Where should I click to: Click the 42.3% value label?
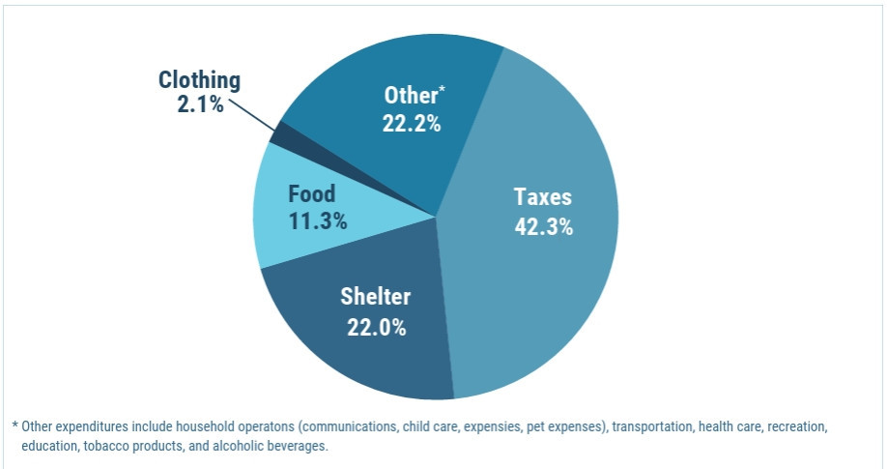[x=543, y=228]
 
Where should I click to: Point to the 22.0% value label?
[x=376, y=327]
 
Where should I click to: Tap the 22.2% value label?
[x=413, y=124]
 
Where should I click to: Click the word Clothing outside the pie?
[x=199, y=80]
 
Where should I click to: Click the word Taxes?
[x=543, y=197]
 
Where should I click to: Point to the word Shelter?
[x=375, y=297]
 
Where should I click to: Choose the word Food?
[x=312, y=193]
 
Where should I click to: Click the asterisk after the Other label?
[x=443, y=90]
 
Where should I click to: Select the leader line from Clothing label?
[x=252, y=114]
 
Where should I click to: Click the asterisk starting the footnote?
[x=15, y=425]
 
